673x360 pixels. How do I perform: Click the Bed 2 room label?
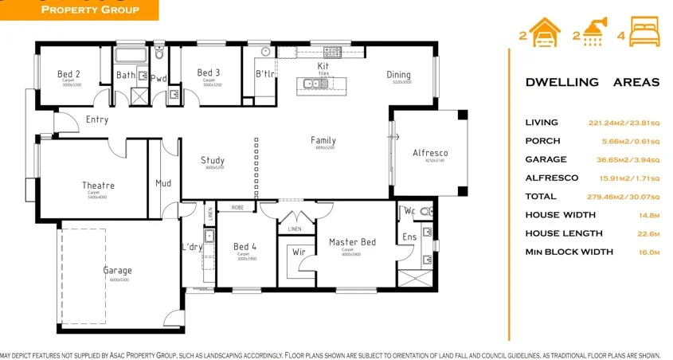coord(68,74)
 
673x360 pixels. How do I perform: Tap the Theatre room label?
coord(98,186)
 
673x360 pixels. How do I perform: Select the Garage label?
coord(117,271)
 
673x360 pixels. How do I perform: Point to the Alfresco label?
coord(430,153)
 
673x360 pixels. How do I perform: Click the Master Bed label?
coord(352,242)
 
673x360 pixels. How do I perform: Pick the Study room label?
coord(213,160)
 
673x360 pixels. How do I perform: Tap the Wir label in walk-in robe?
coord(299,252)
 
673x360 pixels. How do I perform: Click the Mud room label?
coord(163,183)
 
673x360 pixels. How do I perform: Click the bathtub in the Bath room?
coord(131,56)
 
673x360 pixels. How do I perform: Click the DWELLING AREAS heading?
coord(592,82)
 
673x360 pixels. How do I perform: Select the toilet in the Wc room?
coord(427,212)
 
